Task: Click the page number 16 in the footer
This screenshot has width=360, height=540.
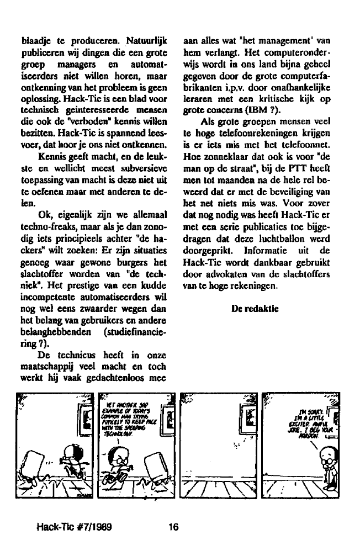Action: [x=173, y=527]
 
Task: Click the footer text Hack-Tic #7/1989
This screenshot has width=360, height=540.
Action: [x=74, y=527]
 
